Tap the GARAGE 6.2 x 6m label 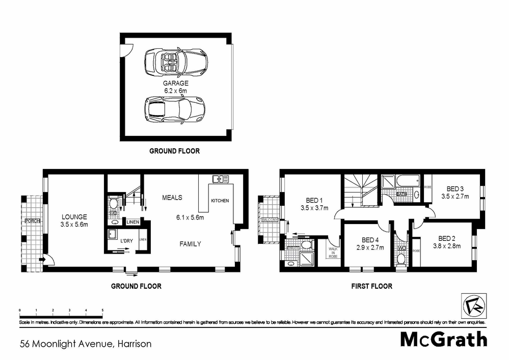pyautogui.click(x=176, y=86)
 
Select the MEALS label pyautogui.click(x=172, y=198)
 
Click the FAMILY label pyautogui.click(x=190, y=244)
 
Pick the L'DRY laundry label pyautogui.click(x=127, y=239)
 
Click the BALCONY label pyautogui.click(x=270, y=220)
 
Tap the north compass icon pyautogui.click(x=472, y=306)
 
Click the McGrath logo pyautogui.click(x=443, y=339)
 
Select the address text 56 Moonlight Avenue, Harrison pyautogui.click(x=86, y=344)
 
